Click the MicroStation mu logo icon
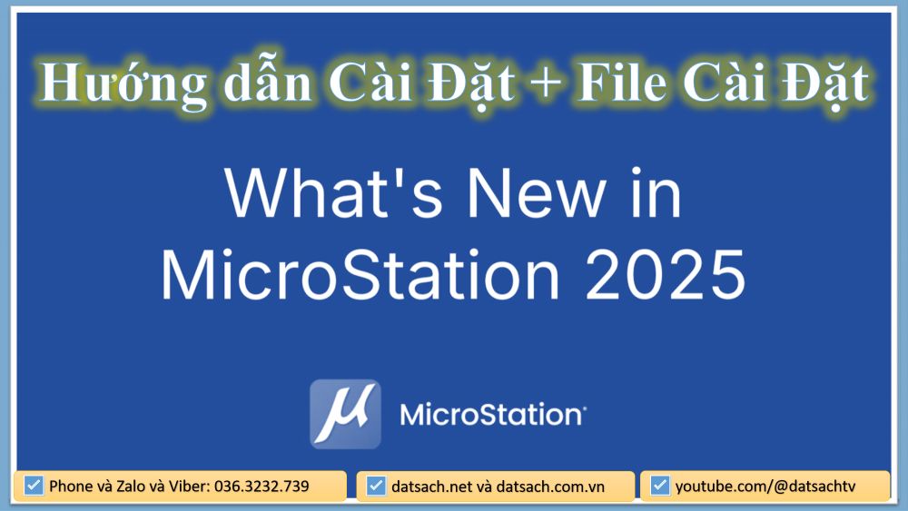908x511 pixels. pos(345,415)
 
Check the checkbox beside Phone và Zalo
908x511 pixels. pos(35,486)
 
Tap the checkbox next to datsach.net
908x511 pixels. pos(376,486)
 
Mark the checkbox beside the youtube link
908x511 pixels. pos(660,486)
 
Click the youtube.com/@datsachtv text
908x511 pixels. pos(765,486)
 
